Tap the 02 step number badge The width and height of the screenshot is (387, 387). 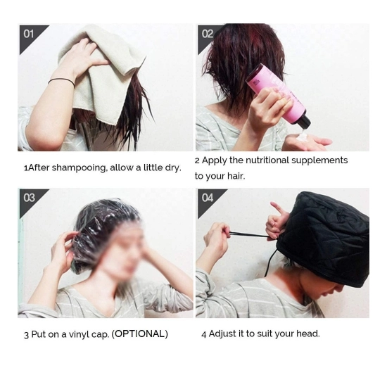207,34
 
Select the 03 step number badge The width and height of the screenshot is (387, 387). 29,198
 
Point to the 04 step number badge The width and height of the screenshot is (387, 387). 207,198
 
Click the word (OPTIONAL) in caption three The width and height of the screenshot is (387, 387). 140,334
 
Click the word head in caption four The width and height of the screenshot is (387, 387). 308,334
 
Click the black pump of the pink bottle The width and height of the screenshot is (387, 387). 303,122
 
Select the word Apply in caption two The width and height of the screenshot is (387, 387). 215,160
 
